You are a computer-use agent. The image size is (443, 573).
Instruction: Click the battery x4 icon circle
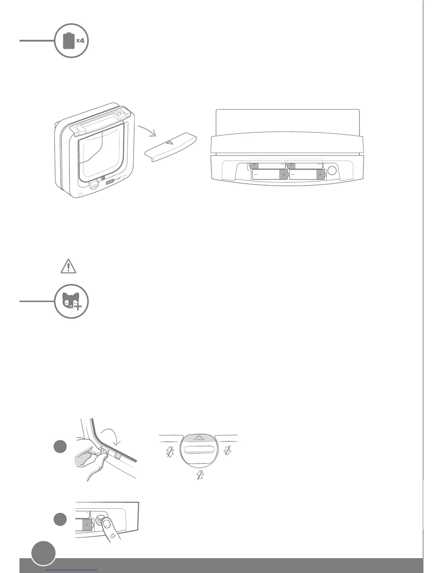(71, 41)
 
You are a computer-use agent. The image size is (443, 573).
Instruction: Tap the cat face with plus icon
(71, 301)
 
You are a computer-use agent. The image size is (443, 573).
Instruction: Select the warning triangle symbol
(68, 266)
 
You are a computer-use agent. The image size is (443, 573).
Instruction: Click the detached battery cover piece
(171, 145)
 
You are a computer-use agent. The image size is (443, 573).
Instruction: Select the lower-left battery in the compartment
(270, 175)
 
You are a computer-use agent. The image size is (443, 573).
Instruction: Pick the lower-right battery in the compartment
(307, 175)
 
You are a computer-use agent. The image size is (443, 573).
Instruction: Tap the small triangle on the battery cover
(170, 142)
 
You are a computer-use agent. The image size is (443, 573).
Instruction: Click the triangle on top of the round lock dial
(198, 438)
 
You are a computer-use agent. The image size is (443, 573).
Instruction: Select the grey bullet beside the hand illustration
(60, 447)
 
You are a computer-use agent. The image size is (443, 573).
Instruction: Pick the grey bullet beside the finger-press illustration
(60, 520)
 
